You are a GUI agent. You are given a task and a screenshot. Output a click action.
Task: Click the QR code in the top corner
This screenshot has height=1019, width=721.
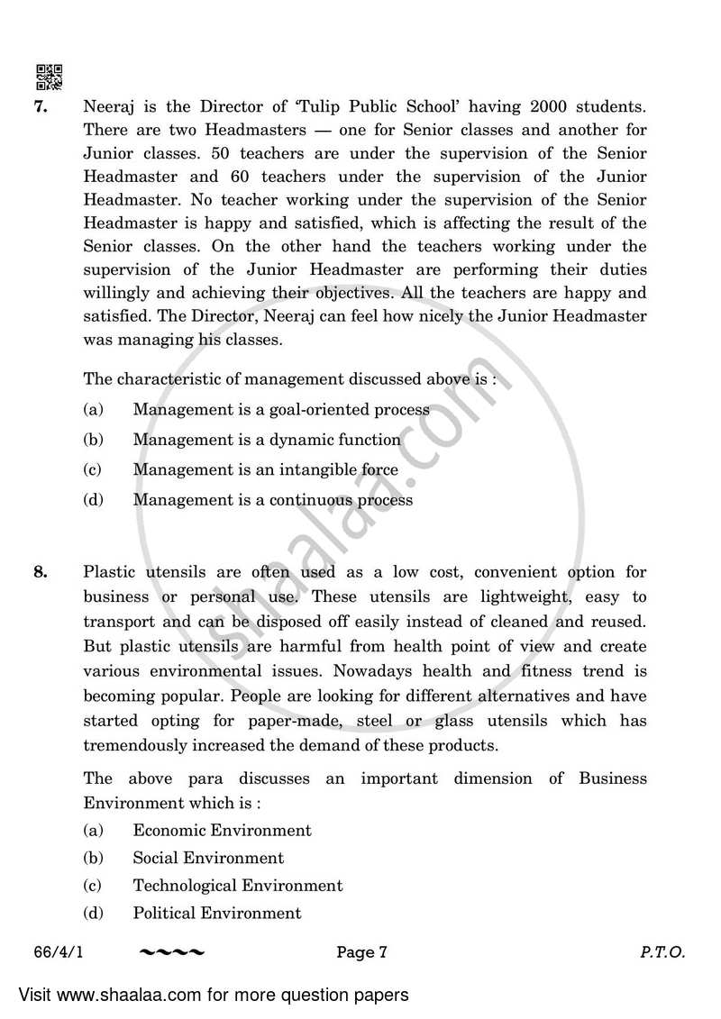coord(49,78)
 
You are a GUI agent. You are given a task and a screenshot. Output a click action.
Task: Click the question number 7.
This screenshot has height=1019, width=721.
coord(40,107)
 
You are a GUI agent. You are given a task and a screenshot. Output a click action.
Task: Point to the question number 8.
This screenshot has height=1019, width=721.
coord(40,572)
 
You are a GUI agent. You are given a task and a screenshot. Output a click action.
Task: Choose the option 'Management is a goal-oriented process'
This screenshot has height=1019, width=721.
coord(281,410)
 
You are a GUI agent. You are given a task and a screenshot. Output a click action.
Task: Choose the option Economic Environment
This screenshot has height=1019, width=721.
coord(222,831)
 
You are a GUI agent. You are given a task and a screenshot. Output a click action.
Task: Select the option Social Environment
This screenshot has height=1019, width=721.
coord(208,859)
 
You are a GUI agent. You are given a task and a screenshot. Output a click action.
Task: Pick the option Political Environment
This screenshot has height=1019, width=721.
coord(217,914)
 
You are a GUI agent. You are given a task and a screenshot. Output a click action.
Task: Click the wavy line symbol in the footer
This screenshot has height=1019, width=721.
coord(173,952)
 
